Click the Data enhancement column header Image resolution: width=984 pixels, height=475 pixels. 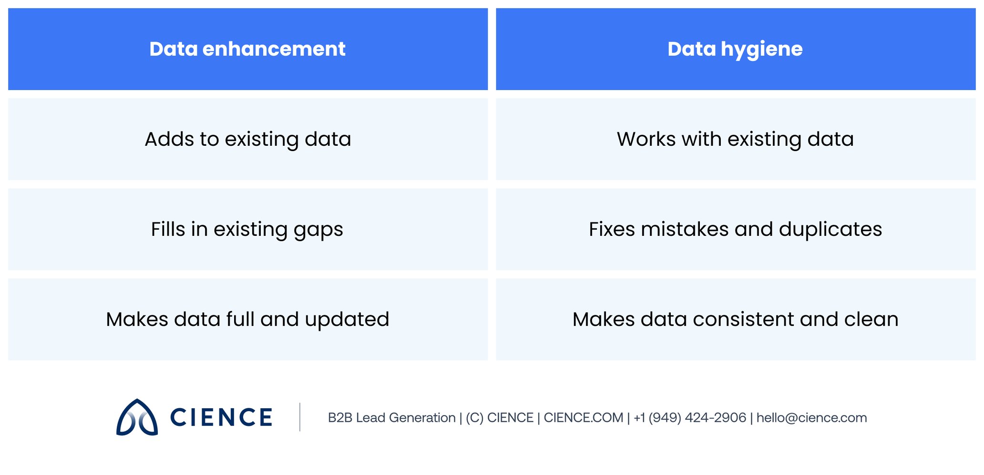tap(247, 49)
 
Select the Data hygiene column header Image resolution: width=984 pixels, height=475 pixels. tap(735, 49)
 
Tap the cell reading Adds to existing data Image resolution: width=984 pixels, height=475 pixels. tap(248, 139)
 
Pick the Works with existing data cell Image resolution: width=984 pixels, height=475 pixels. tap(735, 139)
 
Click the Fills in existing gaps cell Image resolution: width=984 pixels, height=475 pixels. tap(247, 229)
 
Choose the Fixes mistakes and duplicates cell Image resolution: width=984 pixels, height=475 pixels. tap(735, 229)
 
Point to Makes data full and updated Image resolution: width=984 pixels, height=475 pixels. tap(247, 319)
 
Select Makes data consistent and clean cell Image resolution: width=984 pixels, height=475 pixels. tap(735, 319)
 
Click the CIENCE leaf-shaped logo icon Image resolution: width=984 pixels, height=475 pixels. tap(137, 417)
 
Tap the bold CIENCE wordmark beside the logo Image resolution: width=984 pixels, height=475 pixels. tap(221, 417)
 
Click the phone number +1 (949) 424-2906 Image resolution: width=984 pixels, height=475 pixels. tap(690, 418)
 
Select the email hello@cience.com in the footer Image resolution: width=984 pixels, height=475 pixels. tap(811, 418)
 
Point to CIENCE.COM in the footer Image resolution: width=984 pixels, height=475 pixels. tap(583, 418)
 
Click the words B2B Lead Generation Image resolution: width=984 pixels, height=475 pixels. tap(391, 418)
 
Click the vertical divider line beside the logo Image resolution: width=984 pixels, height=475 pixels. tap(300, 417)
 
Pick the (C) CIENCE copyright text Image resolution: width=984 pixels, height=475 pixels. tap(499, 418)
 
